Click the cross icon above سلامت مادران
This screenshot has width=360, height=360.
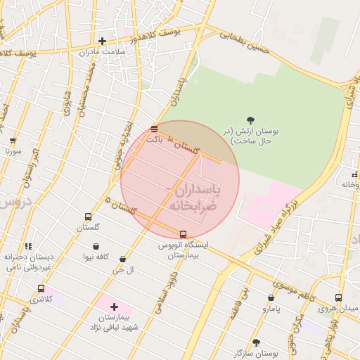103,41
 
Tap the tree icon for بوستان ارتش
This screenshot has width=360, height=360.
252,120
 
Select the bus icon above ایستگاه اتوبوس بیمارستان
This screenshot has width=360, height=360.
184,234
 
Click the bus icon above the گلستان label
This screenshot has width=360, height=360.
88,217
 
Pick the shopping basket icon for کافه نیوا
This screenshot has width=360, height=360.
96,247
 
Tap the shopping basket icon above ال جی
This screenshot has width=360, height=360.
123,259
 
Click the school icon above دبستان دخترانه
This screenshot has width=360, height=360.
28,247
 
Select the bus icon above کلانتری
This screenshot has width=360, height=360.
41,288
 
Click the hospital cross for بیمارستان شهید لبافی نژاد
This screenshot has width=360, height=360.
114,307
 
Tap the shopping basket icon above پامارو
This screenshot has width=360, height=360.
271,298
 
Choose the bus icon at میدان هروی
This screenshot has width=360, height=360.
338,298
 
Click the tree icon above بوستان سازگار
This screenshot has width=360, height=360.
255,342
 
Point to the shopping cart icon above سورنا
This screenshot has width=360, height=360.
12,140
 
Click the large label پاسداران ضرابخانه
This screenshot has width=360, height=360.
192,198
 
